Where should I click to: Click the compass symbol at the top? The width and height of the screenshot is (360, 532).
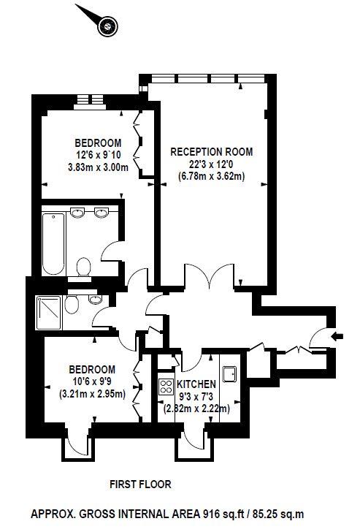point(107,26)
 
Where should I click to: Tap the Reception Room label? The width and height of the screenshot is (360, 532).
point(212,152)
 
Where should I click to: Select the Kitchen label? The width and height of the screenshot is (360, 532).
point(196,384)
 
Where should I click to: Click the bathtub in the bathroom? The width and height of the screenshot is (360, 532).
point(53,243)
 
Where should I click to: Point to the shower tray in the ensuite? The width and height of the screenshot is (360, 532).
point(49,313)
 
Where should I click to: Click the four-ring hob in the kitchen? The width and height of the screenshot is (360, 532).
point(166,387)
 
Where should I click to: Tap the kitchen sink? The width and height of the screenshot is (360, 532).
point(230,374)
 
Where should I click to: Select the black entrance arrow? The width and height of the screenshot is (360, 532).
point(337,337)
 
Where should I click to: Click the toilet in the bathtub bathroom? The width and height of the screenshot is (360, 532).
point(84,267)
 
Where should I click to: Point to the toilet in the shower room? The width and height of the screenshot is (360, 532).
point(71,304)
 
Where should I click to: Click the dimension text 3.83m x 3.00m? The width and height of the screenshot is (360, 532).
point(99,167)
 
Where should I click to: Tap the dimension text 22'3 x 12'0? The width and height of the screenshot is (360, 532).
point(212,164)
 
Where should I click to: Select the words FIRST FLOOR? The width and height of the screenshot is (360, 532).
point(140,484)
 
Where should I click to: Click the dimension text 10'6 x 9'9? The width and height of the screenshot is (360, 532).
point(92,381)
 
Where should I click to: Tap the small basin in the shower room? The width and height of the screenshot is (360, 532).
point(95,299)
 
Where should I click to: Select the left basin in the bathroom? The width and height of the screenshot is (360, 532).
point(77,213)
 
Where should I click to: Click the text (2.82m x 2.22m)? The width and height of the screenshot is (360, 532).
point(196,408)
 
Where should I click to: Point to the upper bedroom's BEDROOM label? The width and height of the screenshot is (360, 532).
point(98,142)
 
